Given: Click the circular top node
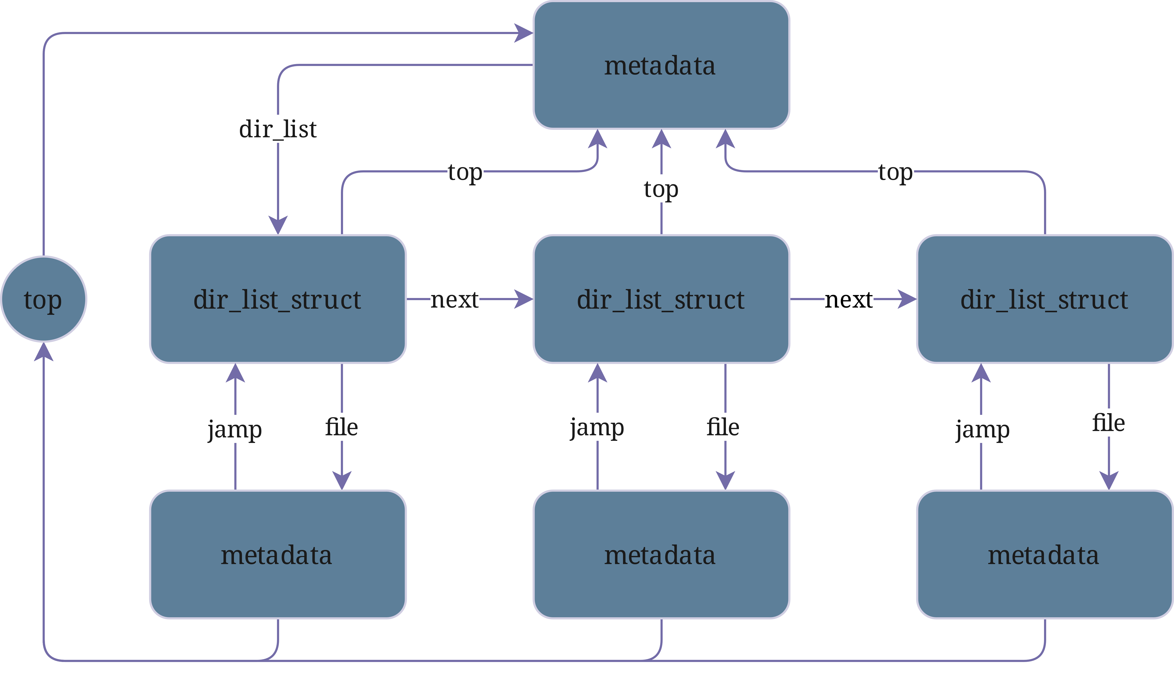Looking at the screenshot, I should pyautogui.click(x=43, y=299).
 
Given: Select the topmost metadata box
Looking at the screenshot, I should pyautogui.click(x=661, y=65).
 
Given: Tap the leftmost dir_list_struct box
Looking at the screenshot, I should pyautogui.click(x=278, y=299).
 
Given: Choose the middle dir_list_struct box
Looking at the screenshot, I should pyautogui.click(x=661, y=299).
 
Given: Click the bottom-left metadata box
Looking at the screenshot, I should pyautogui.click(x=278, y=555).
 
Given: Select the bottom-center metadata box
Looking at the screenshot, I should pyautogui.click(x=661, y=555).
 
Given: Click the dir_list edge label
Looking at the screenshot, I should pyautogui.click(x=278, y=129).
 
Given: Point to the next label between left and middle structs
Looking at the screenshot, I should pyautogui.click(x=454, y=299).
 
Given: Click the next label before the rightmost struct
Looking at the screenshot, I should pyautogui.click(x=848, y=299).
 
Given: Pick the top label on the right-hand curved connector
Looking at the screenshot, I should pyautogui.click(x=895, y=172).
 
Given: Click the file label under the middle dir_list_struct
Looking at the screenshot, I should pyautogui.click(x=723, y=427).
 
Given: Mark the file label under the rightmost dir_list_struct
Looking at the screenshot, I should pyautogui.click(x=1108, y=423).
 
